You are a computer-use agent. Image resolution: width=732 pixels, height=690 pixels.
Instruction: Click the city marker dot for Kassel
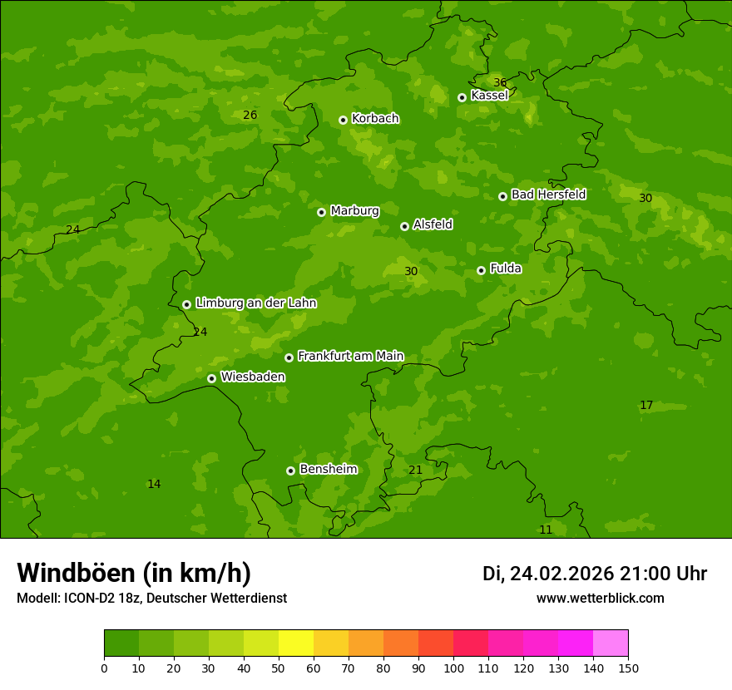462,97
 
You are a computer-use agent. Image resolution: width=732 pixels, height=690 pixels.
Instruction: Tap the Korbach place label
375,119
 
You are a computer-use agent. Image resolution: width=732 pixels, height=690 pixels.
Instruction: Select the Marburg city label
354,211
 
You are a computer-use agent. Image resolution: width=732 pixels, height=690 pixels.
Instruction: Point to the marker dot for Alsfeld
404,226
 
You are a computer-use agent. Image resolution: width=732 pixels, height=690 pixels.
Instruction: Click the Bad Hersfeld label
548,195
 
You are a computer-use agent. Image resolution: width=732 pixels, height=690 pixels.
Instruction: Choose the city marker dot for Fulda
481,270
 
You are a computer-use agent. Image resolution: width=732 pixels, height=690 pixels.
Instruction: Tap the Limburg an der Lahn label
255,303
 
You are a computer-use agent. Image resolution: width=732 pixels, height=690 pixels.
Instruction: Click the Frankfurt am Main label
350,357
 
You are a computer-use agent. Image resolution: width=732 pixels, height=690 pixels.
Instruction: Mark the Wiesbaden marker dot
211,378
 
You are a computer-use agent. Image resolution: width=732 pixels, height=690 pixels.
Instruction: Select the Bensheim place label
328,470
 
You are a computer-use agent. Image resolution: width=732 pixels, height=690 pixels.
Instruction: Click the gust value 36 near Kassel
499,82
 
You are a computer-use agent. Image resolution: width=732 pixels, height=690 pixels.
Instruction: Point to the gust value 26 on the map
250,115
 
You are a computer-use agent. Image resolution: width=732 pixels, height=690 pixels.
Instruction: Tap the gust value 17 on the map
646,406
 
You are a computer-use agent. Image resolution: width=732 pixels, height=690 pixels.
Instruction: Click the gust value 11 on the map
546,530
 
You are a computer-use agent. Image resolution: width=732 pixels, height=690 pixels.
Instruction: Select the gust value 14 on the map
154,485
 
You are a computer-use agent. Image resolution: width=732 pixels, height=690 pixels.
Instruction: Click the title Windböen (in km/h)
134,573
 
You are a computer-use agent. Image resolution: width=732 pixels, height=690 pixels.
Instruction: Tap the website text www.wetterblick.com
600,599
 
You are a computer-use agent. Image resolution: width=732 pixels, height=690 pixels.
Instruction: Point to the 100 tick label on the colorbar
453,668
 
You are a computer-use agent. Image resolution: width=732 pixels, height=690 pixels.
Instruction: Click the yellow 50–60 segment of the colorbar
296,643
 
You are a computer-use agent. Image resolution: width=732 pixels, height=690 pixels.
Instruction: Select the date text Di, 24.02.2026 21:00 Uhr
594,574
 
